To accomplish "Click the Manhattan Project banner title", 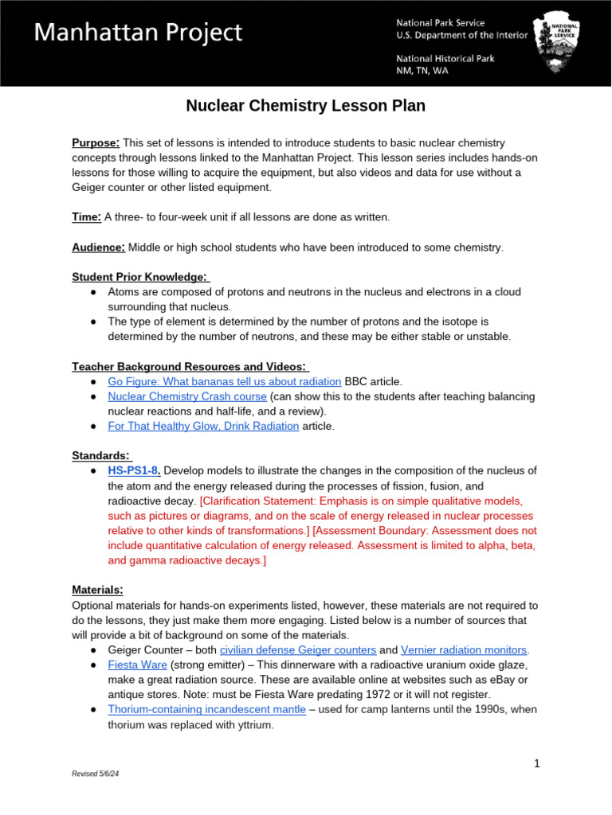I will coord(137,33).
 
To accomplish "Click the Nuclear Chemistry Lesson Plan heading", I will coord(305,106).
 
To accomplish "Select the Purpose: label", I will coord(96,142).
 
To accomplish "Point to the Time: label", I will coord(86,217).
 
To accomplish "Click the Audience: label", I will coord(98,248).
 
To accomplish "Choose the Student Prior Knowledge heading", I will coord(139,277).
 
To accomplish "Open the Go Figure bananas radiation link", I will coord(224,381).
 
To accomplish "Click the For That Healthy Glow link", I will coord(203,426).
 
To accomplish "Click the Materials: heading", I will coord(97,590).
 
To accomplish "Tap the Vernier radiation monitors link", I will coord(463,649).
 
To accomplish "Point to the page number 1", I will coord(537,764).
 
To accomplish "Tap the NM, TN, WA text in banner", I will coord(422,71).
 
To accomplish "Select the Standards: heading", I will coord(101,455).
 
